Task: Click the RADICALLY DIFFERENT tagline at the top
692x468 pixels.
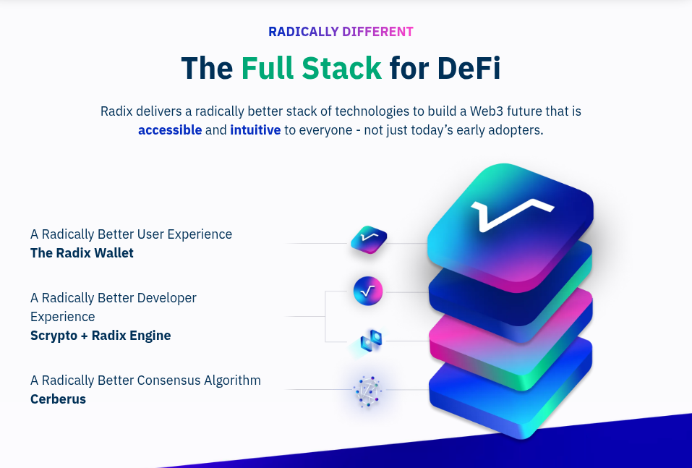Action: click(x=341, y=32)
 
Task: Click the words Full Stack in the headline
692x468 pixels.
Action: click(x=311, y=68)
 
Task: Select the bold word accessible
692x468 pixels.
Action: click(x=170, y=130)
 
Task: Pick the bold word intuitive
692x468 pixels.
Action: click(x=255, y=130)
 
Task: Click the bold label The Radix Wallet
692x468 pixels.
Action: click(x=82, y=253)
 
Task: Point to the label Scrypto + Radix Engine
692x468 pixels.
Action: click(x=101, y=336)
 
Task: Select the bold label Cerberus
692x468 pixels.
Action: click(x=58, y=399)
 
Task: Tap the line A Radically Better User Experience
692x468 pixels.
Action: click(x=131, y=234)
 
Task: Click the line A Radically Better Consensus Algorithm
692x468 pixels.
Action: click(x=145, y=380)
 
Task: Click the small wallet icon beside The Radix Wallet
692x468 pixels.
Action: click(x=368, y=239)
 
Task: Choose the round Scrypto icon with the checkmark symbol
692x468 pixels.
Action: click(x=367, y=292)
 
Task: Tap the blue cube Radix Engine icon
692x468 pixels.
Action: click(x=370, y=341)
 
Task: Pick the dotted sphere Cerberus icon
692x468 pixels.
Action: click(x=367, y=391)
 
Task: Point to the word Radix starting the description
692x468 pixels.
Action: click(x=116, y=111)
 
